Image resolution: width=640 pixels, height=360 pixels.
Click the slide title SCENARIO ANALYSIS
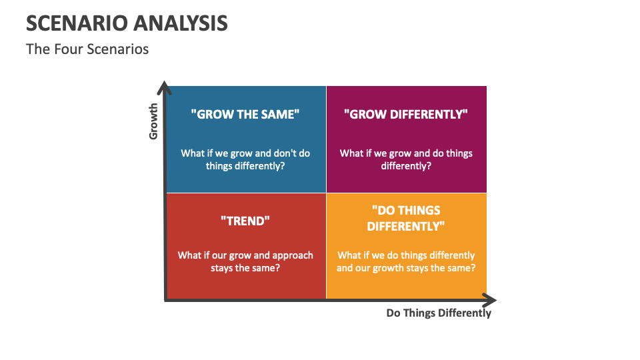[127, 23]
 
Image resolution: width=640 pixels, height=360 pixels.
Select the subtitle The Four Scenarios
[87, 49]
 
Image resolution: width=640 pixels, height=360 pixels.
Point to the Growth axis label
[153, 121]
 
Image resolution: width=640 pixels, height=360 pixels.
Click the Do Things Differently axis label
[439, 313]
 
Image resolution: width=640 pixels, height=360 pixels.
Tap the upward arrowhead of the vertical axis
[165, 87]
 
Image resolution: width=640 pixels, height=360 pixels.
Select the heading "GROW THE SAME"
[245, 114]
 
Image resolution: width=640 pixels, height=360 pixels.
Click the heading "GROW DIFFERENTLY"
[406, 114]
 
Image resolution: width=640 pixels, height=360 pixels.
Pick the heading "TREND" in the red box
[245, 220]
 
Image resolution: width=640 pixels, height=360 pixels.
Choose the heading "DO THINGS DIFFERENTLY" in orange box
[406, 218]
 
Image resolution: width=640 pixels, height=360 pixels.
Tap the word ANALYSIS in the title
[182, 23]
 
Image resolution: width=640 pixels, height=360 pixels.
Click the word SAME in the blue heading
[280, 114]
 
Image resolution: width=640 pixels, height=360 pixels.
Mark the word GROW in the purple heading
[366, 114]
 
